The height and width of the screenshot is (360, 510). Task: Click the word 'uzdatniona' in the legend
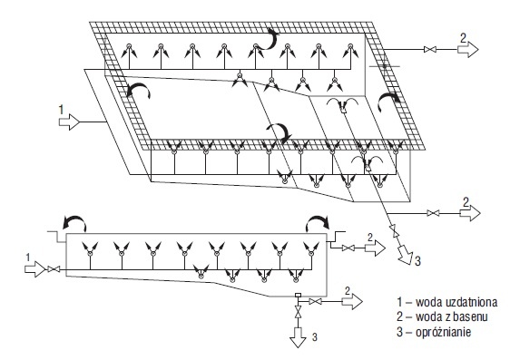471,302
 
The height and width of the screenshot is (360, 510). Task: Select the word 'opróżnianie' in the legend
444,333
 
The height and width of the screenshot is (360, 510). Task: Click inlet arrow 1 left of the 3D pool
69,122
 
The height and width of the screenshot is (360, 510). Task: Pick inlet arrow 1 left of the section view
34,269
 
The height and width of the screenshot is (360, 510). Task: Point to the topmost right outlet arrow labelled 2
468,50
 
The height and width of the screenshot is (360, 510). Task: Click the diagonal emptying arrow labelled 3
405,254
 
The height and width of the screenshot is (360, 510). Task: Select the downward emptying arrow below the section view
298,337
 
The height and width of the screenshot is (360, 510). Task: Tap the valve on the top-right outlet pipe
430,50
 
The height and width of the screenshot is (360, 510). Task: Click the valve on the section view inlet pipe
54,269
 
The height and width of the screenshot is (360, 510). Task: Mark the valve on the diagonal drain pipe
394,230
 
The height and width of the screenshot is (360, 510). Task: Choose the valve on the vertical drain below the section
298,312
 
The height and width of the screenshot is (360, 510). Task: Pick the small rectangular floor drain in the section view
298,296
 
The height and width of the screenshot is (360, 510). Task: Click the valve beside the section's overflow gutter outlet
348,248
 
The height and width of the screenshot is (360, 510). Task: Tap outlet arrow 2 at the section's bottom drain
352,302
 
